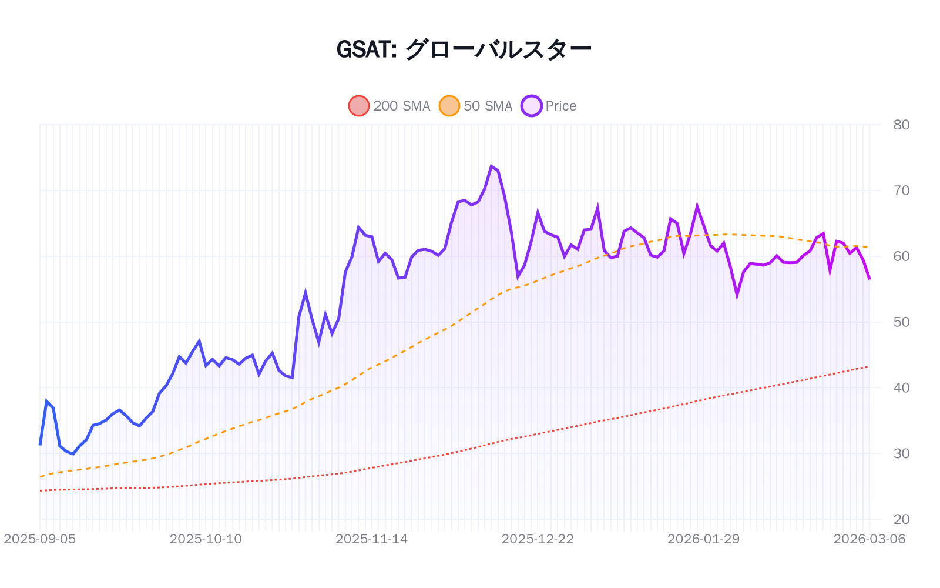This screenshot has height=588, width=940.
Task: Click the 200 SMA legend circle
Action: coord(359,106)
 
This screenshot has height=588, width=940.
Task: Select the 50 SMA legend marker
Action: coord(449,106)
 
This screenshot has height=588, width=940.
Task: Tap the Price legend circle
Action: coord(531,106)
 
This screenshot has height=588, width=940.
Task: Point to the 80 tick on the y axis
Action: coord(901,125)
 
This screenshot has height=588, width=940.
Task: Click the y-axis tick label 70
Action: coord(901,191)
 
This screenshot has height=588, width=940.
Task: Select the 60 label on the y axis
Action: coord(901,256)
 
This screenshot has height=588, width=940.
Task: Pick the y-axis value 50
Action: coord(901,322)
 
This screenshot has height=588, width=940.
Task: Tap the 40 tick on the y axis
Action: coord(901,387)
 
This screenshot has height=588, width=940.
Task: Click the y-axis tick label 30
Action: coord(901,453)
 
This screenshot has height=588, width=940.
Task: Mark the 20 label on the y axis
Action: coord(901,519)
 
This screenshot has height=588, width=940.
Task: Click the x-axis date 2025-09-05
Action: coord(40,539)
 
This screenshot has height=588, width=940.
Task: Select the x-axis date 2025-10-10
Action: coord(206,539)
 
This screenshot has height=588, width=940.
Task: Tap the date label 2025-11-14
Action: coord(371,539)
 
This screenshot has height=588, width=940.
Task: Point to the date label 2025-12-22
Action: coord(538,539)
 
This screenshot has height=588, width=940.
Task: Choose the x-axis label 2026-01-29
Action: coord(703,539)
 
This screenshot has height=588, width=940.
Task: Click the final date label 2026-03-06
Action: coord(869,539)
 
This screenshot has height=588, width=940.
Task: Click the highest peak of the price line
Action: coord(491,166)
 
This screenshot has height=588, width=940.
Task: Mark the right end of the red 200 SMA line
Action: coord(868,367)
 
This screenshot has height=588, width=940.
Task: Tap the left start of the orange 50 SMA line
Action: coord(41,476)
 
